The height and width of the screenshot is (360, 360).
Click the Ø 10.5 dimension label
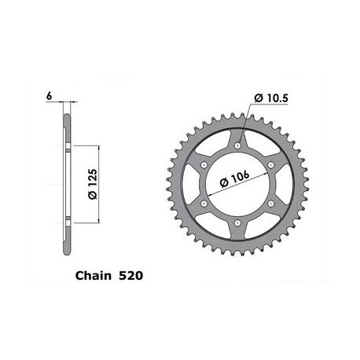(x=271, y=98)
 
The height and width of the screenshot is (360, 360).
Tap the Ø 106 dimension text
(x=234, y=179)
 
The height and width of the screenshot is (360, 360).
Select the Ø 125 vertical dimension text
(x=93, y=184)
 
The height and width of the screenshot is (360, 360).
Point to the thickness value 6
(x=49, y=96)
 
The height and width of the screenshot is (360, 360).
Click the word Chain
(x=94, y=276)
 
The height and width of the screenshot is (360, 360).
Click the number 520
(x=131, y=276)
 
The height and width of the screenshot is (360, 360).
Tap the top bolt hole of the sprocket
(x=237, y=145)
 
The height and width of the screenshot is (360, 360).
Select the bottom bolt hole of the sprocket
(x=237, y=223)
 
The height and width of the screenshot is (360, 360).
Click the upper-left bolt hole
(x=204, y=165)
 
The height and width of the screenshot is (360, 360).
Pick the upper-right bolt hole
(x=271, y=165)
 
